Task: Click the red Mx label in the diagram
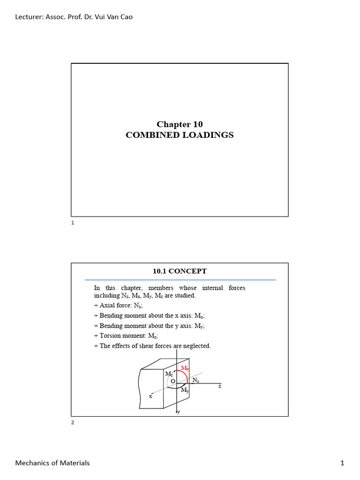click(x=185, y=368)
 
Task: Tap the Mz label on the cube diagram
click(x=168, y=374)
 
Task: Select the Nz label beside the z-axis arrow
click(x=196, y=381)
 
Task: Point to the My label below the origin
click(x=185, y=390)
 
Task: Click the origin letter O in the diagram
click(x=172, y=382)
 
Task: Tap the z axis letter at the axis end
click(x=219, y=386)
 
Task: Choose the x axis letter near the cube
click(x=151, y=396)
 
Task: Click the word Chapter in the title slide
click(x=172, y=124)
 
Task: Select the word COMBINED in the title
click(x=148, y=135)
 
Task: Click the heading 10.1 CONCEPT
click(x=180, y=271)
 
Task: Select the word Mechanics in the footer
click(x=32, y=463)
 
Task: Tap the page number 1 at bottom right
click(x=342, y=463)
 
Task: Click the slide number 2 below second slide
click(x=73, y=422)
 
